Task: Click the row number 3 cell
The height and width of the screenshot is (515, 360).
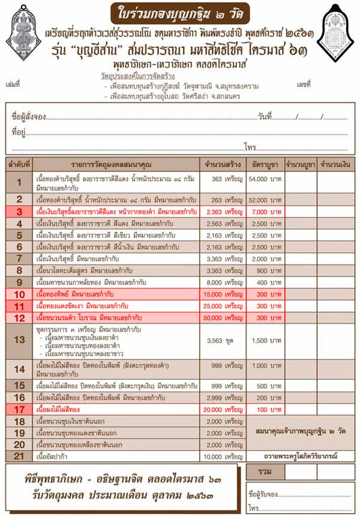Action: pyautogui.click(x=20, y=212)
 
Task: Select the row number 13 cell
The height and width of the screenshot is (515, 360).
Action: pyautogui.click(x=20, y=340)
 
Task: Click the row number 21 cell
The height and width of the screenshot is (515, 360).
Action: pyautogui.click(x=20, y=456)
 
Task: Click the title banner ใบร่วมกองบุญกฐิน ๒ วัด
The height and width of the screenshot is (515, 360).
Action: pyautogui.click(x=181, y=13)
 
